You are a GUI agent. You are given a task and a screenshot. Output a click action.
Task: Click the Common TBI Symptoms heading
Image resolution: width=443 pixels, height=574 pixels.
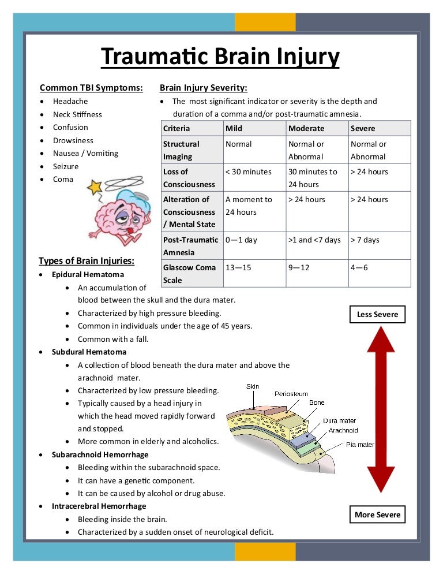coord(91,88)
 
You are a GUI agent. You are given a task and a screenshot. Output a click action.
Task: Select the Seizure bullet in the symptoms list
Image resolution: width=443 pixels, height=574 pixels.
coord(66,166)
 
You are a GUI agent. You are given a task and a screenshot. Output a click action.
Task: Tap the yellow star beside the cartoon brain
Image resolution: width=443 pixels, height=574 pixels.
coord(94,187)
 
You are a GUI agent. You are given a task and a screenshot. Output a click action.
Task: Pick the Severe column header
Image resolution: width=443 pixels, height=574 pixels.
coord(363,128)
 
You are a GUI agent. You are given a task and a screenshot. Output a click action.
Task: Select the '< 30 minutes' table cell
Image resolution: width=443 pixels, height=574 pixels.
coord(248,172)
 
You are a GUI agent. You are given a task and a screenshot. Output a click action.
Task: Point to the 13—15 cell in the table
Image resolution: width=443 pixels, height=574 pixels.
coord(238,267)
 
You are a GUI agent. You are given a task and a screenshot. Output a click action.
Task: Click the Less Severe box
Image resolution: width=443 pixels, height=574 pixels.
coord(377,315)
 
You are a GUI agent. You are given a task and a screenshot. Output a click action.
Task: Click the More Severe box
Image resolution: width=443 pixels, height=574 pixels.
coord(377,515)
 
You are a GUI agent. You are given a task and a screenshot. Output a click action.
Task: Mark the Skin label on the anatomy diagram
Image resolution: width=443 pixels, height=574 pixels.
coord(253,386)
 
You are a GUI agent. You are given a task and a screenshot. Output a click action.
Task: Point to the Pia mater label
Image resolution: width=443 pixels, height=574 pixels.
coord(360,445)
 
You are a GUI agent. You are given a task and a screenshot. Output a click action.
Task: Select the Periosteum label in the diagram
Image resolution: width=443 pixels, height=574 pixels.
coord(291,394)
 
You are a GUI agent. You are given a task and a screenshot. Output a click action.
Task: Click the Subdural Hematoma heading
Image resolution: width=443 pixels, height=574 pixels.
coord(89,352)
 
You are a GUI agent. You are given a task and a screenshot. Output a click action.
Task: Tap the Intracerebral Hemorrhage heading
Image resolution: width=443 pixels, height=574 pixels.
coord(100,506)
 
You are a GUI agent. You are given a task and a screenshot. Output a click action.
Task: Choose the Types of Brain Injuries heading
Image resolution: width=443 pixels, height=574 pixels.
coord(87,260)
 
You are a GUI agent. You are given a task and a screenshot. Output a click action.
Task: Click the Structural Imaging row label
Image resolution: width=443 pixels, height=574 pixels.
coord(181,150)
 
